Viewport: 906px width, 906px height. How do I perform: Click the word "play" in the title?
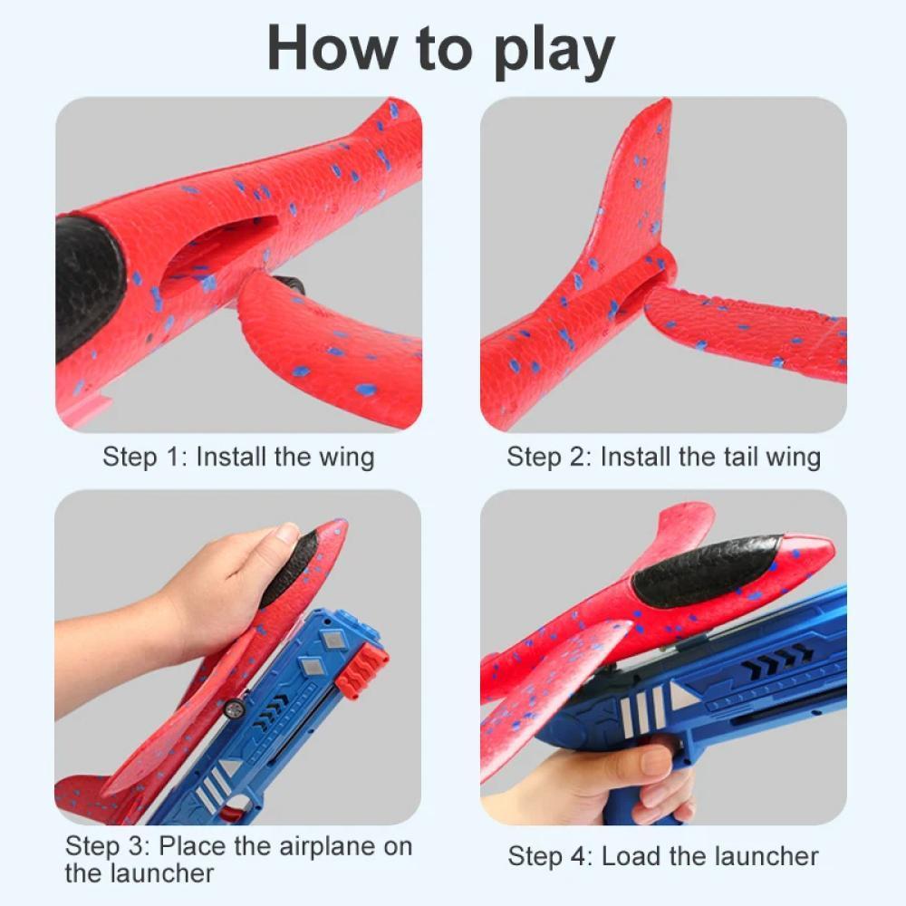tap(554, 52)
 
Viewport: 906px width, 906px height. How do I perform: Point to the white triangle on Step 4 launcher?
tap(683, 697)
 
